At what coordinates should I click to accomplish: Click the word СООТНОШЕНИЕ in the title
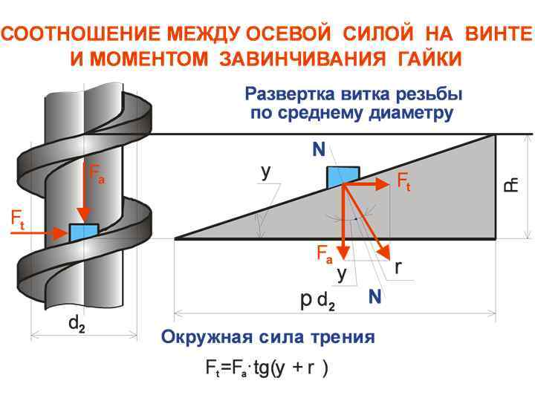pyautogui.click(x=82, y=34)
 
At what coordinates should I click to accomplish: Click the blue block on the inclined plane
pyautogui.click(x=343, y=177)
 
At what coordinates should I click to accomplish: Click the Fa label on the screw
pyautogui.click(x=97, y=175)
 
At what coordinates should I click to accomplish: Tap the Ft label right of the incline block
pyautogui.click(x=403, y=181)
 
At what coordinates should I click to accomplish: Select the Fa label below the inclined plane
pyautogui.click(x=325, y=254)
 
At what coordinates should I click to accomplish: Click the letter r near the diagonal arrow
pyautogui.click(x=398, y=267)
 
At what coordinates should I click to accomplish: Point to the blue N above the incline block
pyautogui.click(x=319, y=150)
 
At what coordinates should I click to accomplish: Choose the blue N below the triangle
pyautogui.click(x=375, y=297)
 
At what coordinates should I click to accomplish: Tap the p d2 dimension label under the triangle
pyautogui.click(x=317, y=301)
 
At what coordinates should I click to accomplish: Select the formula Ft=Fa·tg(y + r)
pyautogui.click(x=266, y=369)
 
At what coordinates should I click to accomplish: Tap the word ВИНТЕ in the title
pyautogui.click(x=499, y=34)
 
